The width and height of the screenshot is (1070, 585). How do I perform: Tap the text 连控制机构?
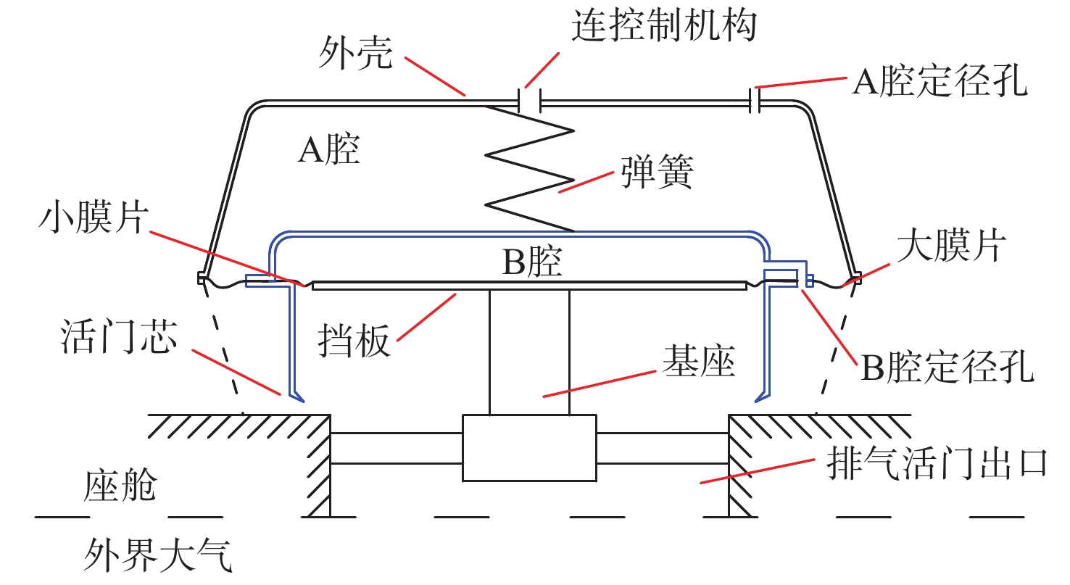tap(664, 27)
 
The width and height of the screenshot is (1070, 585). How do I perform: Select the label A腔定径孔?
tap(940, 83)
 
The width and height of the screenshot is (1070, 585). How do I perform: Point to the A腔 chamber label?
tap(328, 152)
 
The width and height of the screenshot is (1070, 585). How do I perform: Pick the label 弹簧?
tap(658, 173)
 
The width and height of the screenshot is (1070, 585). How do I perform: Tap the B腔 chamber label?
tap(532, 264)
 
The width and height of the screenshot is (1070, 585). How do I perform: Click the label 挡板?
tap(354, 341)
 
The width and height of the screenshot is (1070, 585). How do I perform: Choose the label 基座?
tap(699, 360)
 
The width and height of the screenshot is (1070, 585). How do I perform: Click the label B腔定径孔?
tap(947, 369)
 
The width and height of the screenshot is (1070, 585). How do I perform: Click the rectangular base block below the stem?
tap(529, 447)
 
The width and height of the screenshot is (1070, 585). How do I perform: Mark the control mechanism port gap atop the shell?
tap(529, 100)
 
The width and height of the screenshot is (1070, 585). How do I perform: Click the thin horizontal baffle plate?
tap(529, 286)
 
